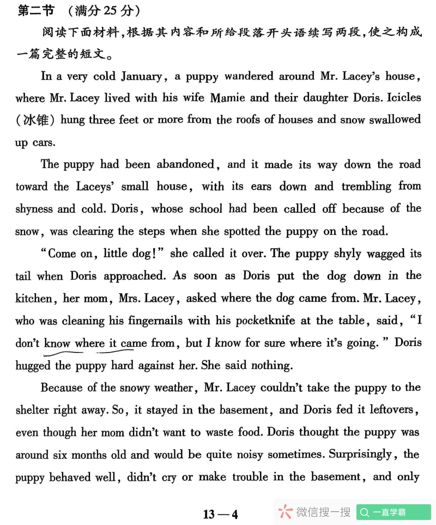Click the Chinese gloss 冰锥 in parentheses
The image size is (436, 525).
(x=35, y=120)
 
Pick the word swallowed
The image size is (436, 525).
(x=395, y=120)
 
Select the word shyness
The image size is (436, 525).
(x=34, y=209)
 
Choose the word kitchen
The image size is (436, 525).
(x=33, y=298)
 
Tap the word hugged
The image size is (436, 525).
(x=33, y=366)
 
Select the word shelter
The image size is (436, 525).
(x=34, y=410)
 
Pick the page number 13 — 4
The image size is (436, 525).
(x=220, y=514)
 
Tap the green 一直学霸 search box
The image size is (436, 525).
(x=393, y=512)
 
